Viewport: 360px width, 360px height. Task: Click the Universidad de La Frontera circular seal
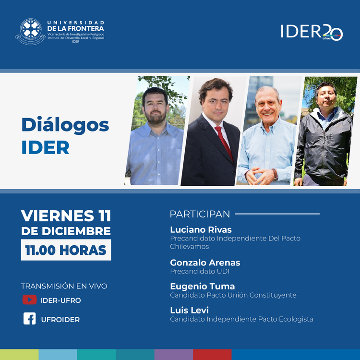[x=30, y=32]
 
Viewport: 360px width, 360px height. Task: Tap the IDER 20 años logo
[x=312, y=32]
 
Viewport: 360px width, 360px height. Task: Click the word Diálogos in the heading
[x=65, y=125]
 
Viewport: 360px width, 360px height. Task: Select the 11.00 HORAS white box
[x=66, y=250]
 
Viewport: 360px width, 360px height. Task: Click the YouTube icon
[x=29, y=300]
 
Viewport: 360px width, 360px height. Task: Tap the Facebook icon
[x=29, y=319]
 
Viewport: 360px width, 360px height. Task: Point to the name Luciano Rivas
[x=201, y=229]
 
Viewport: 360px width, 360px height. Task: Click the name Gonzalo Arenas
[x=205, y=263]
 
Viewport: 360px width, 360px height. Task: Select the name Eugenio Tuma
[x=202, y=287]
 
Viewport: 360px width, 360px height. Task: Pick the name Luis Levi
[x=189, y=310]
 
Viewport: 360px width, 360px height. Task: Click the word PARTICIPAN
[x=200, y=214]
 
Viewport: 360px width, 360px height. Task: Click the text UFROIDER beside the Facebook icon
[x=60, y=319]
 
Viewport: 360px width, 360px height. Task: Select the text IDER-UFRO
[x=60, y=300]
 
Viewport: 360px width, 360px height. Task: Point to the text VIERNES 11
[x=66, y=216]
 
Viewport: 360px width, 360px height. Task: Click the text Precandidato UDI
[x=200, y=271]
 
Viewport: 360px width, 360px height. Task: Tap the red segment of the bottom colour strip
[x=212, y=354]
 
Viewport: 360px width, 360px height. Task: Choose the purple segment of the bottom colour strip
[x=173, y=354]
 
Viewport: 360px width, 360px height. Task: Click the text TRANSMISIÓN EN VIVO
[x=64, y=286]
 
